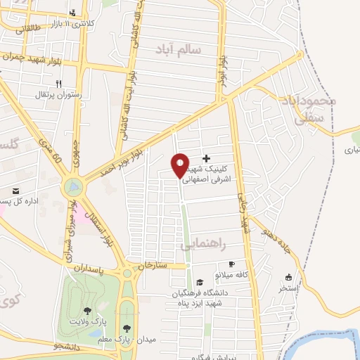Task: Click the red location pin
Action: pos(180,165)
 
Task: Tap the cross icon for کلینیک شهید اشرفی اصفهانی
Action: pos(206,159)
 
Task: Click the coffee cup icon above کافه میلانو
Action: pos(231,264)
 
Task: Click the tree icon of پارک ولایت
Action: pos(87,310)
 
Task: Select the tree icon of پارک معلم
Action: pos(127,328)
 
